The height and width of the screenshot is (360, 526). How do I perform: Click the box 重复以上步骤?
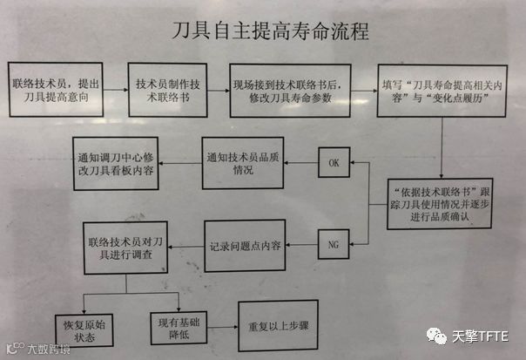[280, 327]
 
